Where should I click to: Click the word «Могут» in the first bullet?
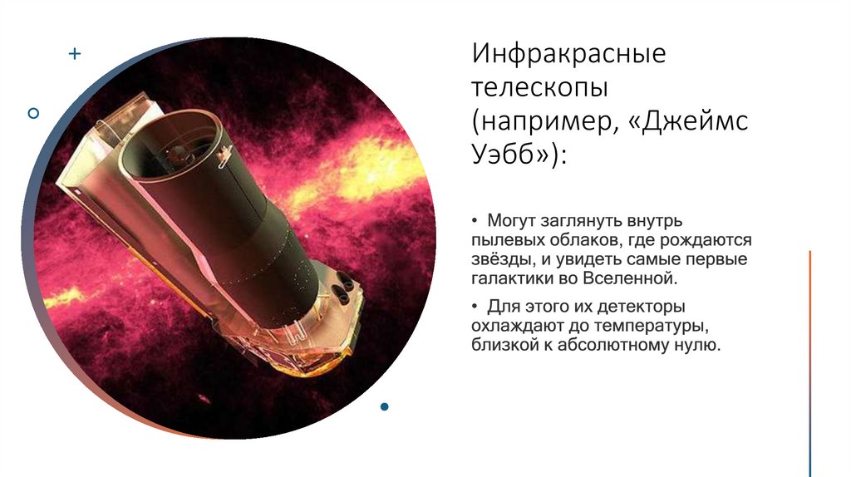pos(510,222)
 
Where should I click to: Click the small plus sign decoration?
pos(75,54)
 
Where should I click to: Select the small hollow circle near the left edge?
pos(33,112)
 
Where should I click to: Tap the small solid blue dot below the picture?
pos(384,406)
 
